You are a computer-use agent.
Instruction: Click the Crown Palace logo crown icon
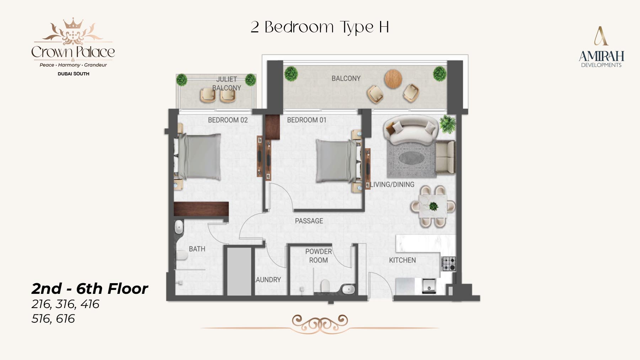(x=73, y=24)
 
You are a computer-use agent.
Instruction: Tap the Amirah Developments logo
(x=601, y=47)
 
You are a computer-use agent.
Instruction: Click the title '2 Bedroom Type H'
(x=320, y=27)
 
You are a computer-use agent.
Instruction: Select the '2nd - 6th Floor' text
(x=90, y=288)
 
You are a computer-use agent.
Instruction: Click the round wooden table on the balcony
(x=393, y=79)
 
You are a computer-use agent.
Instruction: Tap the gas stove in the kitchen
(x=448, y=264)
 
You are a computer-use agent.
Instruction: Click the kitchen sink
(x=429, y=286)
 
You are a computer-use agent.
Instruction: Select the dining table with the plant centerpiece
(x=433, y=206)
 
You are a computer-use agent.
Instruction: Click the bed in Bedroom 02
(x=197, y=157)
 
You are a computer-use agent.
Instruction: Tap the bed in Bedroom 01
(x=338, y=161)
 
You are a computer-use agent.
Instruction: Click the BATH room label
(x=197, y=249)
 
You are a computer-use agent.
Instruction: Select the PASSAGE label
(x=309, y=221)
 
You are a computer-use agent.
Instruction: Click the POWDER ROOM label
(x=318, y=256)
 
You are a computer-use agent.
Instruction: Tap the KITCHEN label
(x=402, y=260)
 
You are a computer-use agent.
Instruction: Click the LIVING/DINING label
(x=392, y=184)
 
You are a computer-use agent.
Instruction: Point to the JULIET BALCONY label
(x=226, y=84)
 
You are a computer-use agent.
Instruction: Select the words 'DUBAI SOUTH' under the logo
(x=73, y=74)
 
